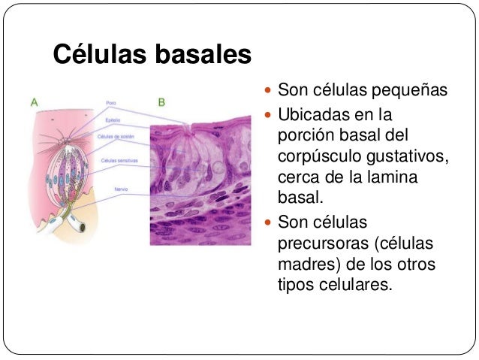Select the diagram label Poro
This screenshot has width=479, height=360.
click(110, 102)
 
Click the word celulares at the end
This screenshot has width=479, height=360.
click(353, 286)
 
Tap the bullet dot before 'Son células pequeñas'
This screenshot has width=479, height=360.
click(270, 92)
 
